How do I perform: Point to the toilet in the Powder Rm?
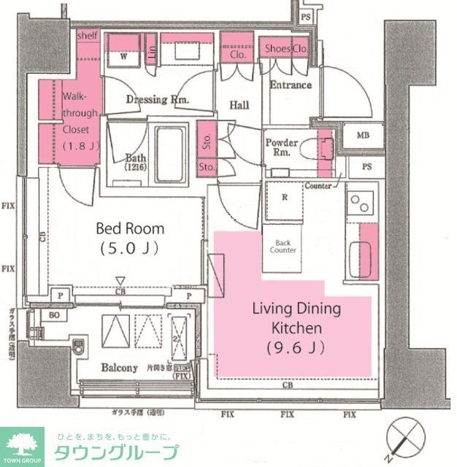(x=321, y=149)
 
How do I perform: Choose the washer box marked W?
(x=123, y=54)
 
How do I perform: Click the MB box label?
(x=362, y=136)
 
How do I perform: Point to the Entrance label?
(x=291, y=85)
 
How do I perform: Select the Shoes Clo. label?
(x=285, y=49)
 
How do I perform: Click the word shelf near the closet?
(x=88, y=35)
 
